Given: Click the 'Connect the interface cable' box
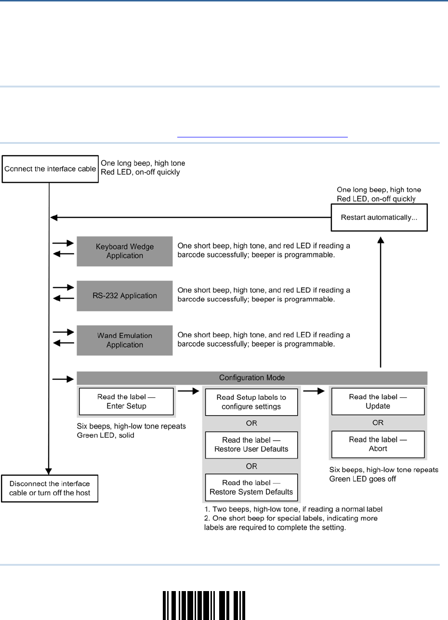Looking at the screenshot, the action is pos(50,169).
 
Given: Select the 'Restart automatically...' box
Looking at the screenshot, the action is pos(379,217).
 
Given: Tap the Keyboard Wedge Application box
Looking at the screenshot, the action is pos(125,251).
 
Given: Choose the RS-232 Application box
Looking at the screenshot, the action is pos(125,296).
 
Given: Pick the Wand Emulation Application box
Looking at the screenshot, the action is pos(125,340).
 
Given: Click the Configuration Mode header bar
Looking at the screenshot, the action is pos(252,378).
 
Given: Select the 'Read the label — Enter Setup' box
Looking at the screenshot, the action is pos(126,401).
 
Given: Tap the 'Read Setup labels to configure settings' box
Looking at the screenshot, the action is pos(251,402).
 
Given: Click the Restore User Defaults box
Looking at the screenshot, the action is pos(251,445).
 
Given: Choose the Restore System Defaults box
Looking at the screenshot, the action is pos(251,487).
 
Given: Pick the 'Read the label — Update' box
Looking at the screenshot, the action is pos(378,401).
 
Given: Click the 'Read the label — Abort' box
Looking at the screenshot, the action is pos(378,444).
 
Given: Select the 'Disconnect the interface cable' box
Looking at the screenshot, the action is pos(50,488).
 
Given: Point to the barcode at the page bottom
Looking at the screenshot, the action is pos(204,606).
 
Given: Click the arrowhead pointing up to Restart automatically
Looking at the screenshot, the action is pos(381,240).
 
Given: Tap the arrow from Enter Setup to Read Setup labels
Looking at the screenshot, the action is pos(188,391).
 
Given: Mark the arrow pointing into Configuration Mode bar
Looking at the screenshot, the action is pos(63,379).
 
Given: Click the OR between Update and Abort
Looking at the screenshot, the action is pos(378,423).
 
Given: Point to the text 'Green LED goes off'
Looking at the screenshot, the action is pos(362,479).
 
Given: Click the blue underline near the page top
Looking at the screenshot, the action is pos(263,137).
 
